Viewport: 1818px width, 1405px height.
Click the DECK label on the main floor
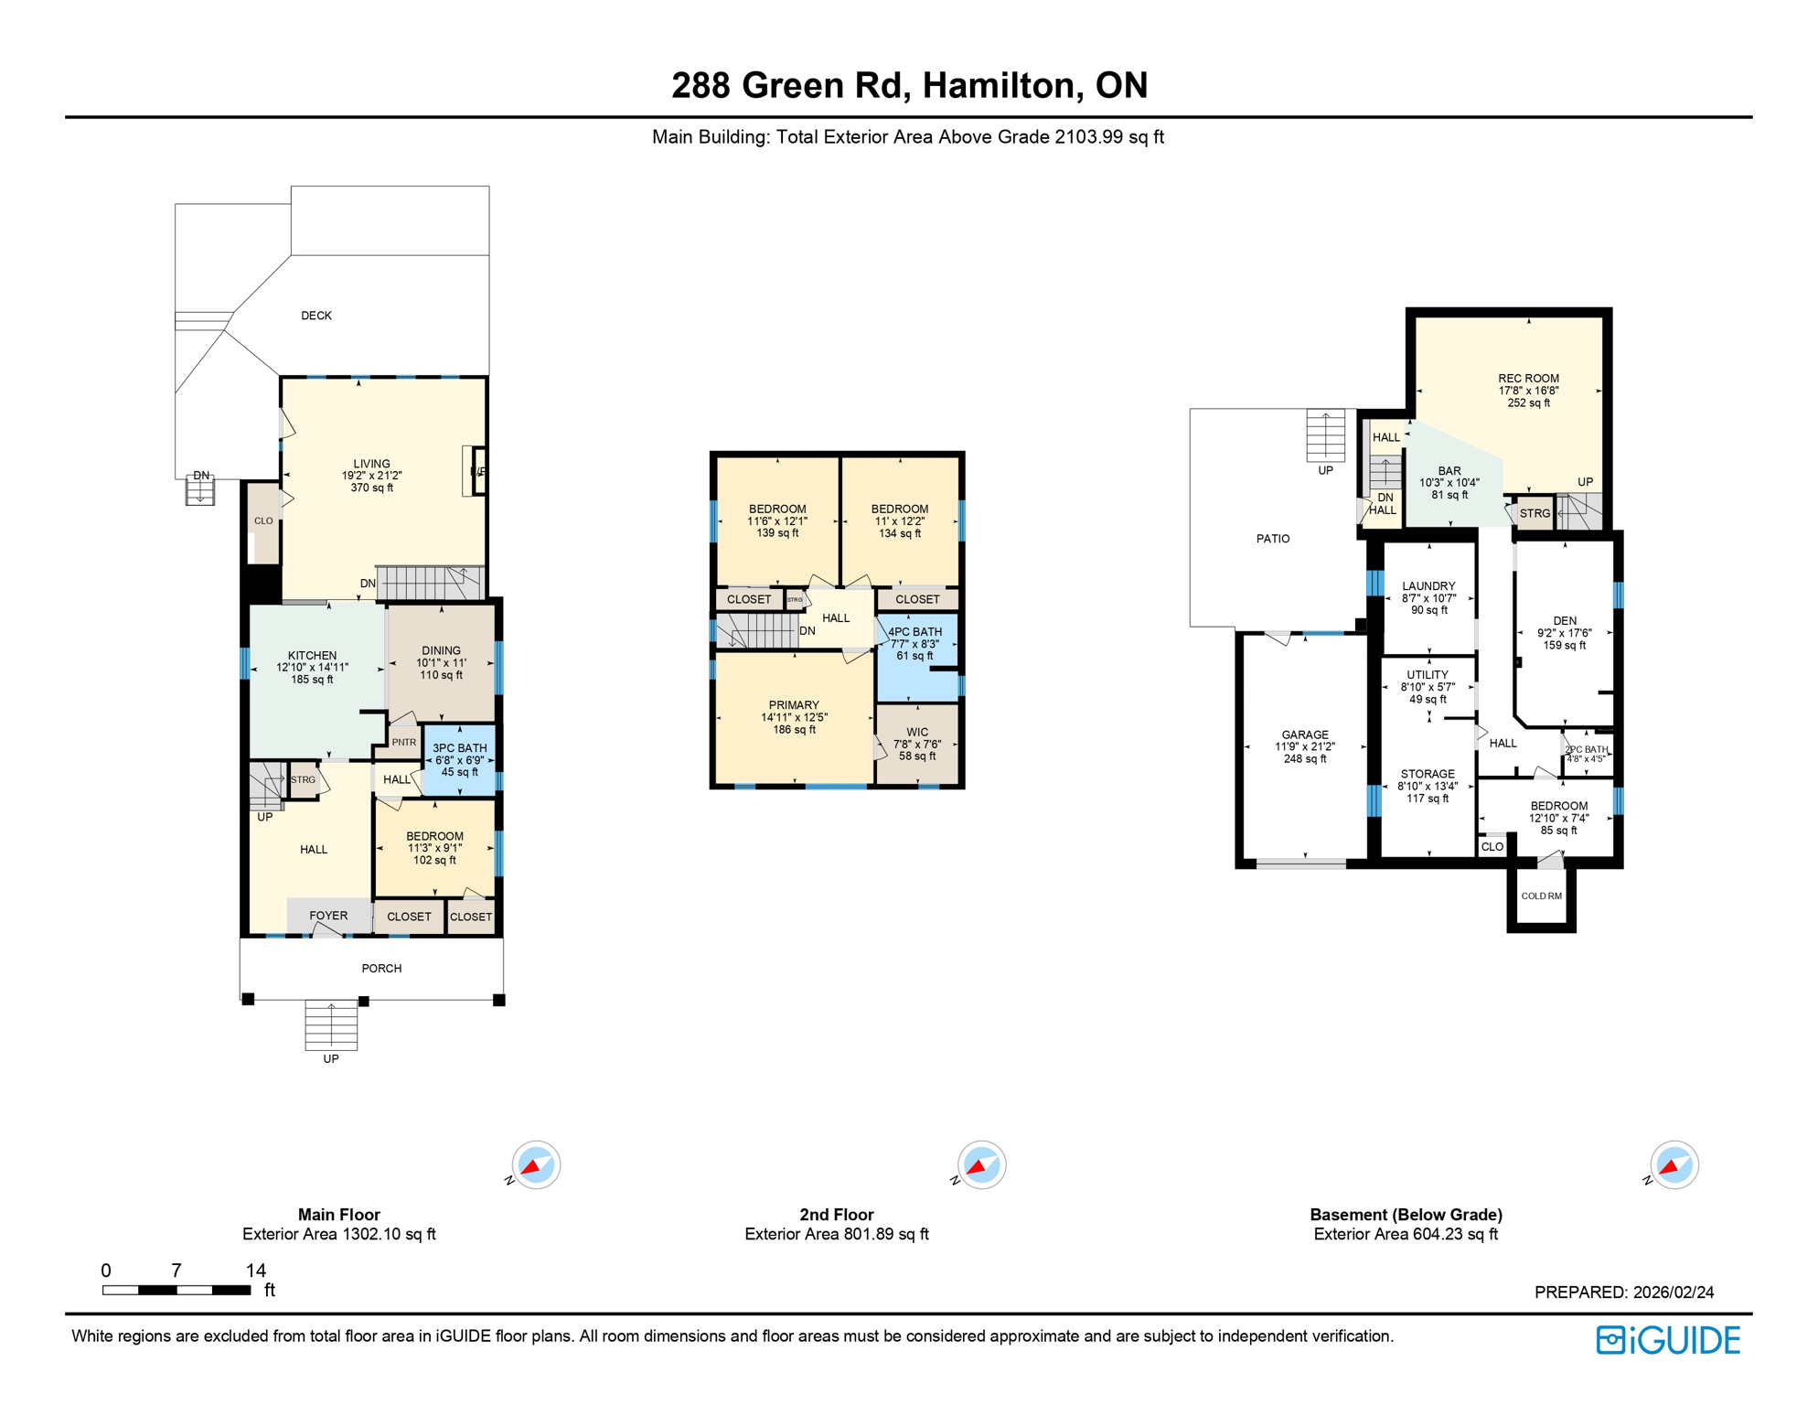316,316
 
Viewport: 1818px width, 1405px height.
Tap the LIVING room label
371,464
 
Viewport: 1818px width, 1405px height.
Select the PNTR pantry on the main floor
403,743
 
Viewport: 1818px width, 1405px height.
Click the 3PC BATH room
459,759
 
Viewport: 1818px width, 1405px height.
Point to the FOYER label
328,916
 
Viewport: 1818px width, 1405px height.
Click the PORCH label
381,969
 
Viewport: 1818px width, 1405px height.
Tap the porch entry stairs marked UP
331,1025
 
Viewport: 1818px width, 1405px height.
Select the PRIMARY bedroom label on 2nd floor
793,705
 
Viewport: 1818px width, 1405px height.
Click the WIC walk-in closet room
917,744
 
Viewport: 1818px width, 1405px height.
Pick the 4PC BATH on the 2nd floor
915,643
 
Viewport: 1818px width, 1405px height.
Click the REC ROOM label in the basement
1528,379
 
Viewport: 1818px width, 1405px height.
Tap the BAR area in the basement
1449,482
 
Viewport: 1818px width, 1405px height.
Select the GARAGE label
1305,735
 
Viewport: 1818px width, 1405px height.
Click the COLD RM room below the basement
1541,896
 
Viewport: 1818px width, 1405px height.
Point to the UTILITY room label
1428,675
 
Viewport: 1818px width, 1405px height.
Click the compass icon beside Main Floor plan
536,1165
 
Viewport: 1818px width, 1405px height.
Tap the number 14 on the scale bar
256,1271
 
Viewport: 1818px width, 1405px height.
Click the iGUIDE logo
1668,1340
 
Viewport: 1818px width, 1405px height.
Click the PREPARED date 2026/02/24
1674,1292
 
